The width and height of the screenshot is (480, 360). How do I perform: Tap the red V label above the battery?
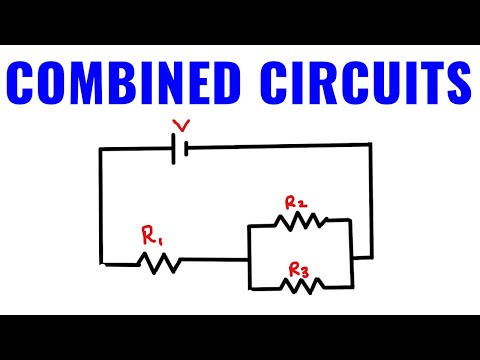pyautogui.click(x=181, y=126)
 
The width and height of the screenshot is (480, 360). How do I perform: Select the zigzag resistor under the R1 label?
pyautogui.click(x=159, y=262)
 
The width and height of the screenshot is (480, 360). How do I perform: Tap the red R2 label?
pyautogui.click(x=295, y=203)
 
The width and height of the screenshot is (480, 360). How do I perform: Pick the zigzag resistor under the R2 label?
pyautogui.click(x=298, y=220)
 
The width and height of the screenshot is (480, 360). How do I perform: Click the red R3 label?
pyautogui.click(x=299, y=269)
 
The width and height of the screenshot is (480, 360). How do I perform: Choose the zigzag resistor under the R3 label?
pyautogui.click(x=299, y=287)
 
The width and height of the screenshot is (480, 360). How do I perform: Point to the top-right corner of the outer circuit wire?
pyautogui.click(x=372, y=145)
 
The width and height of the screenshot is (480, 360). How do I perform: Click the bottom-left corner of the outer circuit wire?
pyautogui.click(x=102, y=262)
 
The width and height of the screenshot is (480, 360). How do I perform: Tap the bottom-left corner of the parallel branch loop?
pyautogui.click(x=249, y=289)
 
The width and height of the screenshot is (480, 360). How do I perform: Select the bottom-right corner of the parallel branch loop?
pyautogui.click(x=352, y=287)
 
